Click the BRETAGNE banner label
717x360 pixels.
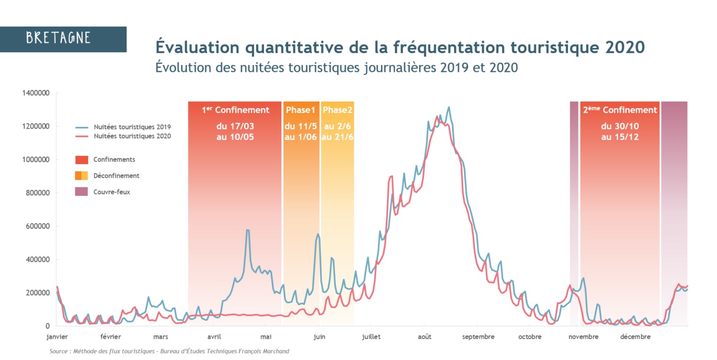(59, 38)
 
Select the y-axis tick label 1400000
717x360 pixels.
(36, 93)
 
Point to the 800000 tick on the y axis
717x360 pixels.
(38, 193)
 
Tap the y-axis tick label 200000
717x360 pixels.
(38, 293)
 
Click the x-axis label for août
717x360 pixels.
(424, 337)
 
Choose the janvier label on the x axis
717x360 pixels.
(57, 337)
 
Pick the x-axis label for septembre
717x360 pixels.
(478, 337)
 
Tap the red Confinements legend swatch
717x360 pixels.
(81, 160)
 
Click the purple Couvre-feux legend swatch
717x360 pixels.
(81, 191)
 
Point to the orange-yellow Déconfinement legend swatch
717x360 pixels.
(81, 176)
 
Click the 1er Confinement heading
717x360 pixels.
(235, 110)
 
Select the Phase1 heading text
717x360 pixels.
(301, 110)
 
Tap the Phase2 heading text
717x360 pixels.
(337, 110)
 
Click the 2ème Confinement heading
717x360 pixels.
(620, 110)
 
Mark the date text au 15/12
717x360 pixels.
(620, 137)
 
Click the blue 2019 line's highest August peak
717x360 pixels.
(449, 107)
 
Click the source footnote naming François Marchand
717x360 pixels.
(169, 351)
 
